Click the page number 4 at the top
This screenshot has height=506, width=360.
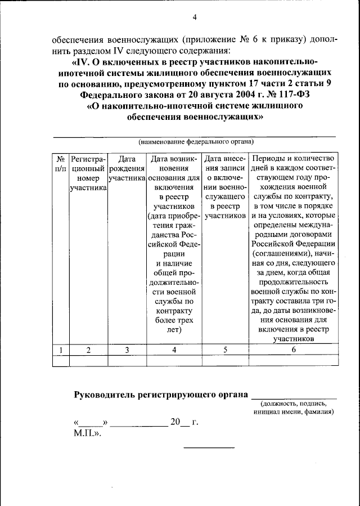[x=195, y=17]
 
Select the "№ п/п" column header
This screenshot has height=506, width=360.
[x=61, y=163]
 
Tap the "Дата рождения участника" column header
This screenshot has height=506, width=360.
[x=127, y=168]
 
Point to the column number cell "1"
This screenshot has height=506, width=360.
[x=61, y=350]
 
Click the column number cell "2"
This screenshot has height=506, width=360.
[x=88, y=350]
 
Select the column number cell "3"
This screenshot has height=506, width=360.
[x=127, y=350]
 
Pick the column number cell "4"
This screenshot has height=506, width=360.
[x=174, y=350]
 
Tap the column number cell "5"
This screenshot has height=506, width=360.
[x=225, y=350]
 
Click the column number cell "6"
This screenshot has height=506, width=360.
[x=293, y=350]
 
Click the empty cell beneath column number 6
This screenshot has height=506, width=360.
[x=293, y=360]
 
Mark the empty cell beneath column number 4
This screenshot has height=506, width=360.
[x=174, y=360]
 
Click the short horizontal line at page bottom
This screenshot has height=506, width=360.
[x=209, y=447]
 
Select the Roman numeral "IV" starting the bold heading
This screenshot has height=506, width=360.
[x=83, y=61]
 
